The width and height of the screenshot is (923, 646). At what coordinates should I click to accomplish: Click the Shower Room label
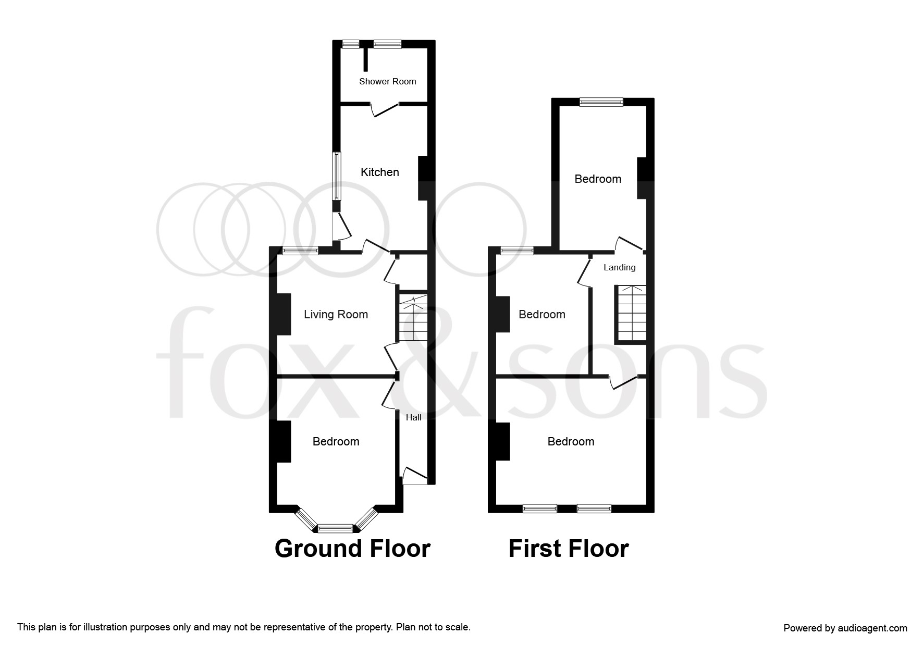pyautogui.click(x=387, y=81)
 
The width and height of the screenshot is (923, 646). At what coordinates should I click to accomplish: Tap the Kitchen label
pyautogui.click(x=380, y=172)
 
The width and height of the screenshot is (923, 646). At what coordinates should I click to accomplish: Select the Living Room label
pyautogui.click(x=336, y=314)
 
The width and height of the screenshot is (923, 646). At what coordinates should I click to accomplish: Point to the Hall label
pyautogui.click(x=414, y=417)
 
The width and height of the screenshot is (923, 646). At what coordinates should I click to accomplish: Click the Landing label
pyautogui.click(x=620, y=267)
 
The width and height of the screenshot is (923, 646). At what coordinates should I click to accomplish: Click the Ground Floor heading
pyautogui.click(x=352, y=549)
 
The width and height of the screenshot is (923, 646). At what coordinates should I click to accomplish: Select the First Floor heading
pyautogui.click(x=569, y=549)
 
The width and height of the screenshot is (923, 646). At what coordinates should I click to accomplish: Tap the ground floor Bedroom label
pyautogui.click(x=336, y=441)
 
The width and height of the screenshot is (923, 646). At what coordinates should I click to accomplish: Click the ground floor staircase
pyautogui.click(x=413, y=317)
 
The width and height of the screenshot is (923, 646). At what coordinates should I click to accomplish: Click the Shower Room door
pyautogui.click(x=384, y=109)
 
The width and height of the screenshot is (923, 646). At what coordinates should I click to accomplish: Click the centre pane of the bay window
pyautogui.click(x=336, y=529)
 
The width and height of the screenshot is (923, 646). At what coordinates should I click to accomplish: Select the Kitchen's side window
pyautogui.click(x=337, y=176)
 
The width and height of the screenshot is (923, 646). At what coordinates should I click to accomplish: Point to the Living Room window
pyautogui.click(x=301, y=251)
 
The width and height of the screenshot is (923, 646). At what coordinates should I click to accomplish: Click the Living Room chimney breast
pyautogui.click(x=284, y=314)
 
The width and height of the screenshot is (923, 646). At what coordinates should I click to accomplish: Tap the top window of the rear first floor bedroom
pyautogui.click(x=601, y=102)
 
